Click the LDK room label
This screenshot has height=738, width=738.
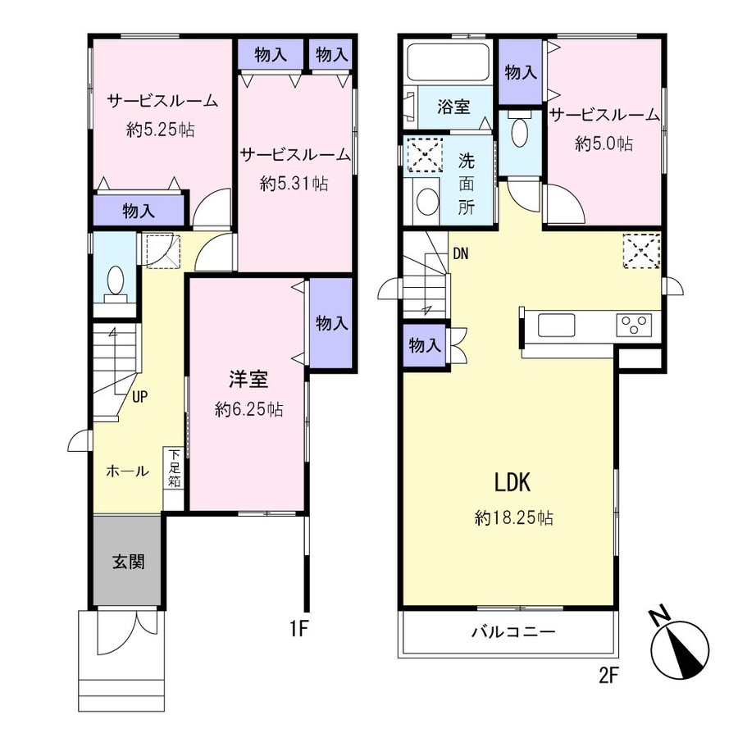click(x=512, y=483)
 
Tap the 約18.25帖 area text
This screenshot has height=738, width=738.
click(x=514, y=518)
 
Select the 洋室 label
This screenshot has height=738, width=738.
click(x=248, y=380)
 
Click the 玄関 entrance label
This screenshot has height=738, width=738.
click(x=128, y=562)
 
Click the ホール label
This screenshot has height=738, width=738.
click(x=127, y=471)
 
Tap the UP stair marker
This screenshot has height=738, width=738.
click(x=139, y=397)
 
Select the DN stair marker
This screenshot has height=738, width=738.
click(x=461, y=254)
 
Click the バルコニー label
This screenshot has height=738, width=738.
click(x=513, y=631)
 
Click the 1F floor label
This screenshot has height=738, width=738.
click(x=298, y=628)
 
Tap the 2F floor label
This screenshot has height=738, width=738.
click(x=608, y=676)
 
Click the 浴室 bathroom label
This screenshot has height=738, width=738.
click(x=453, y=107)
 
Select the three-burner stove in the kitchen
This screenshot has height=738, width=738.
click(x=634, y=325)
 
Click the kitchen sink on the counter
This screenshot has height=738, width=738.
click(x=556, y=325)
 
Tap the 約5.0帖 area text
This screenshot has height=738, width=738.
click(x=604, y=143)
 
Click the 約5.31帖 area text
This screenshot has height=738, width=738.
click(x=294, y=183)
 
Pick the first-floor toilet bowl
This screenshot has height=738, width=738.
click(x=116, y=284)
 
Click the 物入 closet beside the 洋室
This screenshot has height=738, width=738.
click(x=331, y=323)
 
